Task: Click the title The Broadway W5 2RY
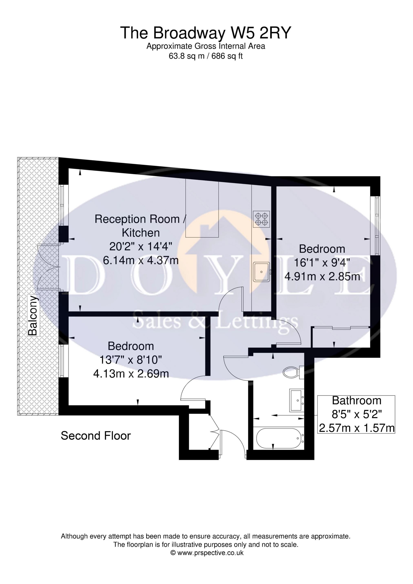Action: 206,33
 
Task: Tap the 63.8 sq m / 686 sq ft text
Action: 206,56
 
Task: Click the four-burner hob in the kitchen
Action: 261,219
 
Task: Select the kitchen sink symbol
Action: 262,272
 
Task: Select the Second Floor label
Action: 96,436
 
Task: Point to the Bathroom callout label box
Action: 357,414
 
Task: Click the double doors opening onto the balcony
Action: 48,267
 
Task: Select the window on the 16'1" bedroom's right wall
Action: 377,225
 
